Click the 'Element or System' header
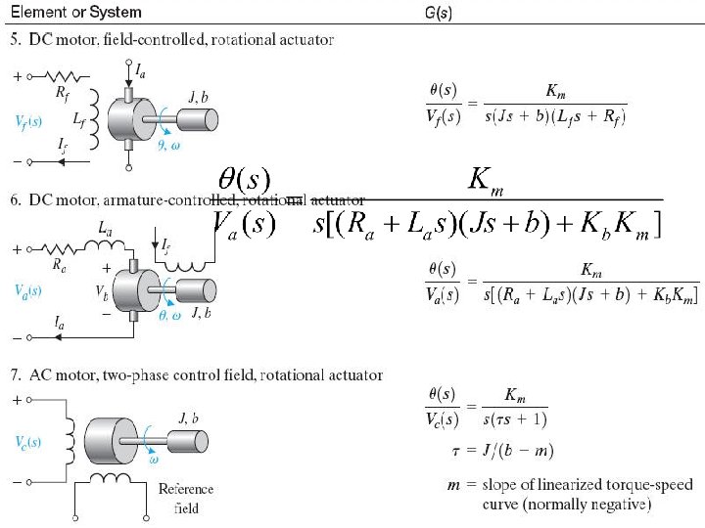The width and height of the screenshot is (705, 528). [75, 12]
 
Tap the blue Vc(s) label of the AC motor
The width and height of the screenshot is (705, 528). [28, 440]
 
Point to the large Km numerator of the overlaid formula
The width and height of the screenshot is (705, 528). [487, 179]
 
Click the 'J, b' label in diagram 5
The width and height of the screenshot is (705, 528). [197, 95]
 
